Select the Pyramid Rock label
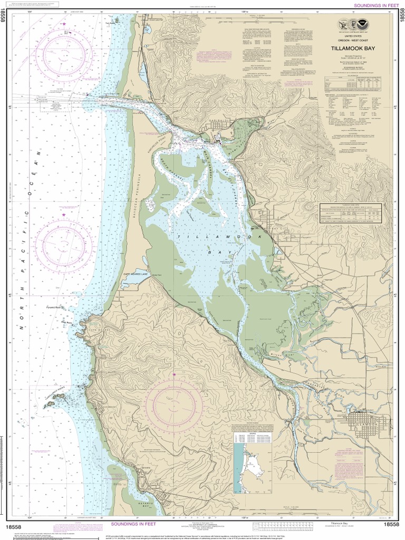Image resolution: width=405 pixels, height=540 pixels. click(x=54, y=306)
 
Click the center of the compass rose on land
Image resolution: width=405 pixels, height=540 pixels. click(x=174, y=406)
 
